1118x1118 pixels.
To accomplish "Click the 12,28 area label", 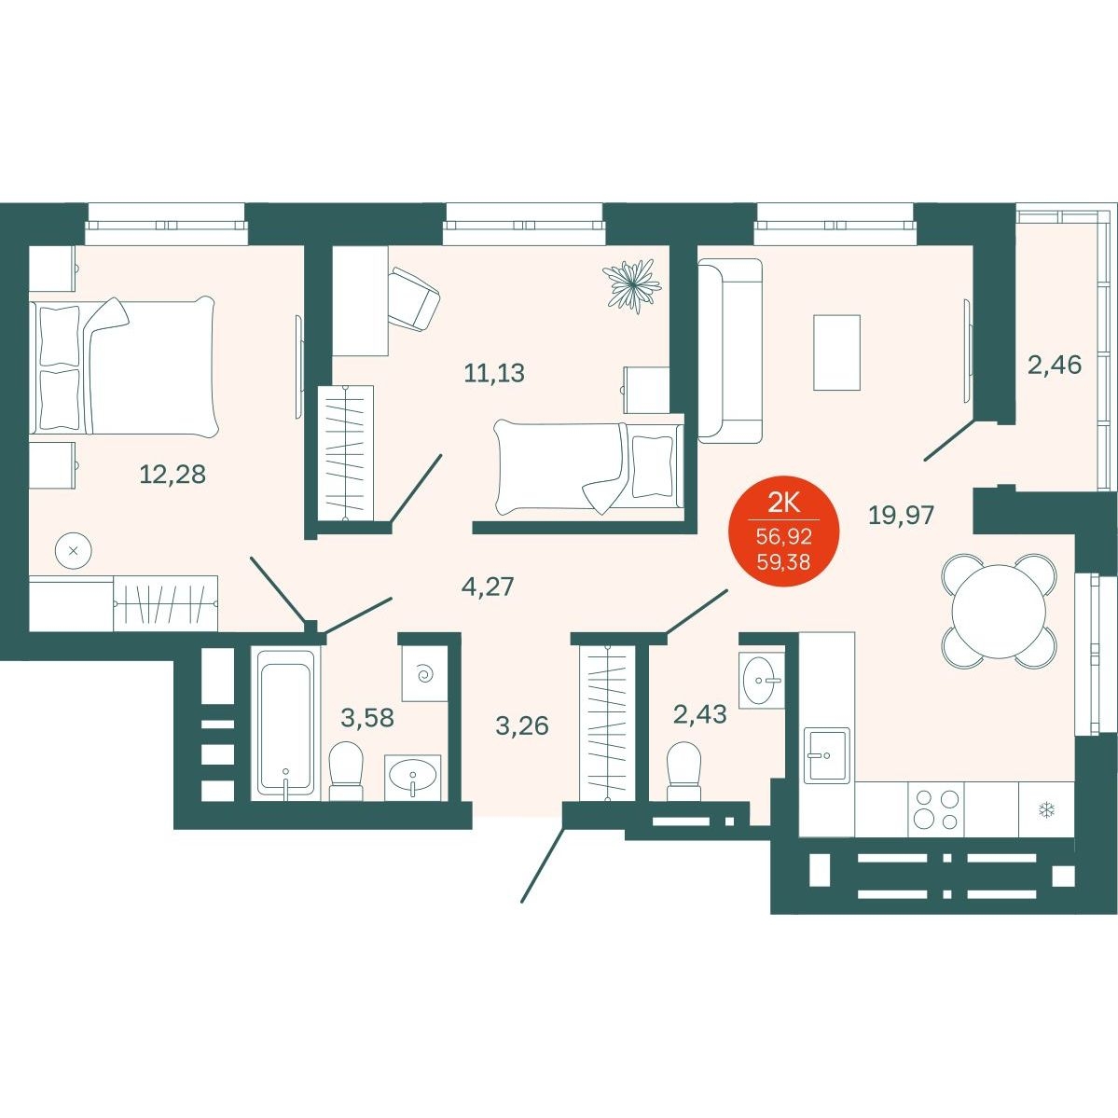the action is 173,474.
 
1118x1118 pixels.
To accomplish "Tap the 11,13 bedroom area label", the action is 494,372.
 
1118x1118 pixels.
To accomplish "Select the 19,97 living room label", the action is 902,514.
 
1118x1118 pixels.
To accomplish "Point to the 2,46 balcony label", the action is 1055,366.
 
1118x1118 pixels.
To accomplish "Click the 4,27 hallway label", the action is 488,587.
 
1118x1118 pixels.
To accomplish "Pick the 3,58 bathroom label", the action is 367,717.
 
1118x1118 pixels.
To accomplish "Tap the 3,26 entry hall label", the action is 522,725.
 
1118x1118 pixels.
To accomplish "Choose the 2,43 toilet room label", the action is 700,713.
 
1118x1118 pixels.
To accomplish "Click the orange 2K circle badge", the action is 783,531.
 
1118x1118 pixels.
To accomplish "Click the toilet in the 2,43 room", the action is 683,771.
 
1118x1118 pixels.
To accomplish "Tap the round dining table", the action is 999,611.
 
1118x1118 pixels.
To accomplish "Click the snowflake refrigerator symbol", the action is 1047,810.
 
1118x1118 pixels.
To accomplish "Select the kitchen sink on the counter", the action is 827,755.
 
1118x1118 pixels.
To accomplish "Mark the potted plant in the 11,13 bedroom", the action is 631,286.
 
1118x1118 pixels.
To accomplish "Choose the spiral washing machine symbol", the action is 425,673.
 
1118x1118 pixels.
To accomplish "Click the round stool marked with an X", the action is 74,551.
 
